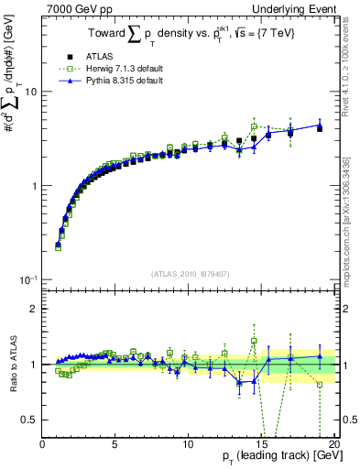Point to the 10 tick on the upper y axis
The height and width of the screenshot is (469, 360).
33,93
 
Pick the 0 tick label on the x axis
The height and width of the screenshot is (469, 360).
43,444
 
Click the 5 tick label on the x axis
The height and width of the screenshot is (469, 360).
115,444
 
